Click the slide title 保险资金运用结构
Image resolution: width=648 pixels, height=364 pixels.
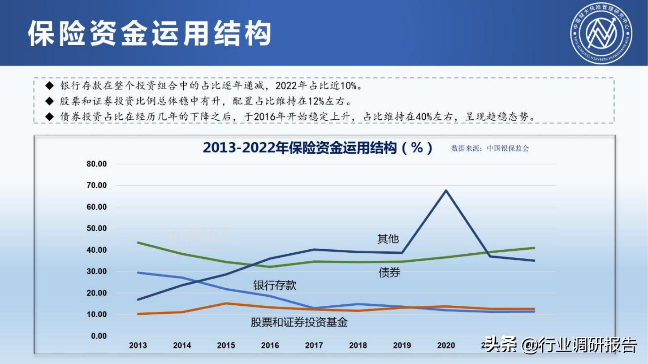pos(149,33)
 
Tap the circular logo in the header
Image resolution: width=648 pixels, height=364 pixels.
pos(601,33)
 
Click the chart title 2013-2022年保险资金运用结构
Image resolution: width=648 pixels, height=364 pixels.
pos(317,148)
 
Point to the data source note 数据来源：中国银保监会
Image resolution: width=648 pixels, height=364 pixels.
pos(490,149)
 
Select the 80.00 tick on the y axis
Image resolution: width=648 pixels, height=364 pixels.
pos(97,164)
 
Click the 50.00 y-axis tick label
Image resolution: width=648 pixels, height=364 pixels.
pos(97,229)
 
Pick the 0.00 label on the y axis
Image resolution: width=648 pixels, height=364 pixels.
pos(99,336)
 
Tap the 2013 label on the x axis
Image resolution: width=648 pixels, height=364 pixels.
pos(138,345)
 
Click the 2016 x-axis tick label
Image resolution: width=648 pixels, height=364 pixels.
pos(270,345)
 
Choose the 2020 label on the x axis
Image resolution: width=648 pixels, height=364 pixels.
pos(446,345)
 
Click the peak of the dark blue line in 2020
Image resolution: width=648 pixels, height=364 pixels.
pos(446,190)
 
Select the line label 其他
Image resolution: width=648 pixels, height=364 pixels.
pos(388,239)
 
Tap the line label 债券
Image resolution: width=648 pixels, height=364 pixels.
pos(389,272)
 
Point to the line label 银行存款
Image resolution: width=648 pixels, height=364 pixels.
pos(275,285)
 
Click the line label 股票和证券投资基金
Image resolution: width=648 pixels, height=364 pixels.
pos(299,322)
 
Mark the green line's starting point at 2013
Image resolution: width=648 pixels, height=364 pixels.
pos(138,242)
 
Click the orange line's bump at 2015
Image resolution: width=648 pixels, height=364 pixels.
pos(226,303)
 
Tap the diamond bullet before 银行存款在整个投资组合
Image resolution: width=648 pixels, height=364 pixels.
pos(50,86)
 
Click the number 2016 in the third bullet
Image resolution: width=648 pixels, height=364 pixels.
pos(265,117)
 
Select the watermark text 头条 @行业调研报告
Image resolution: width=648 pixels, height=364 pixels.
pos(561,345)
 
